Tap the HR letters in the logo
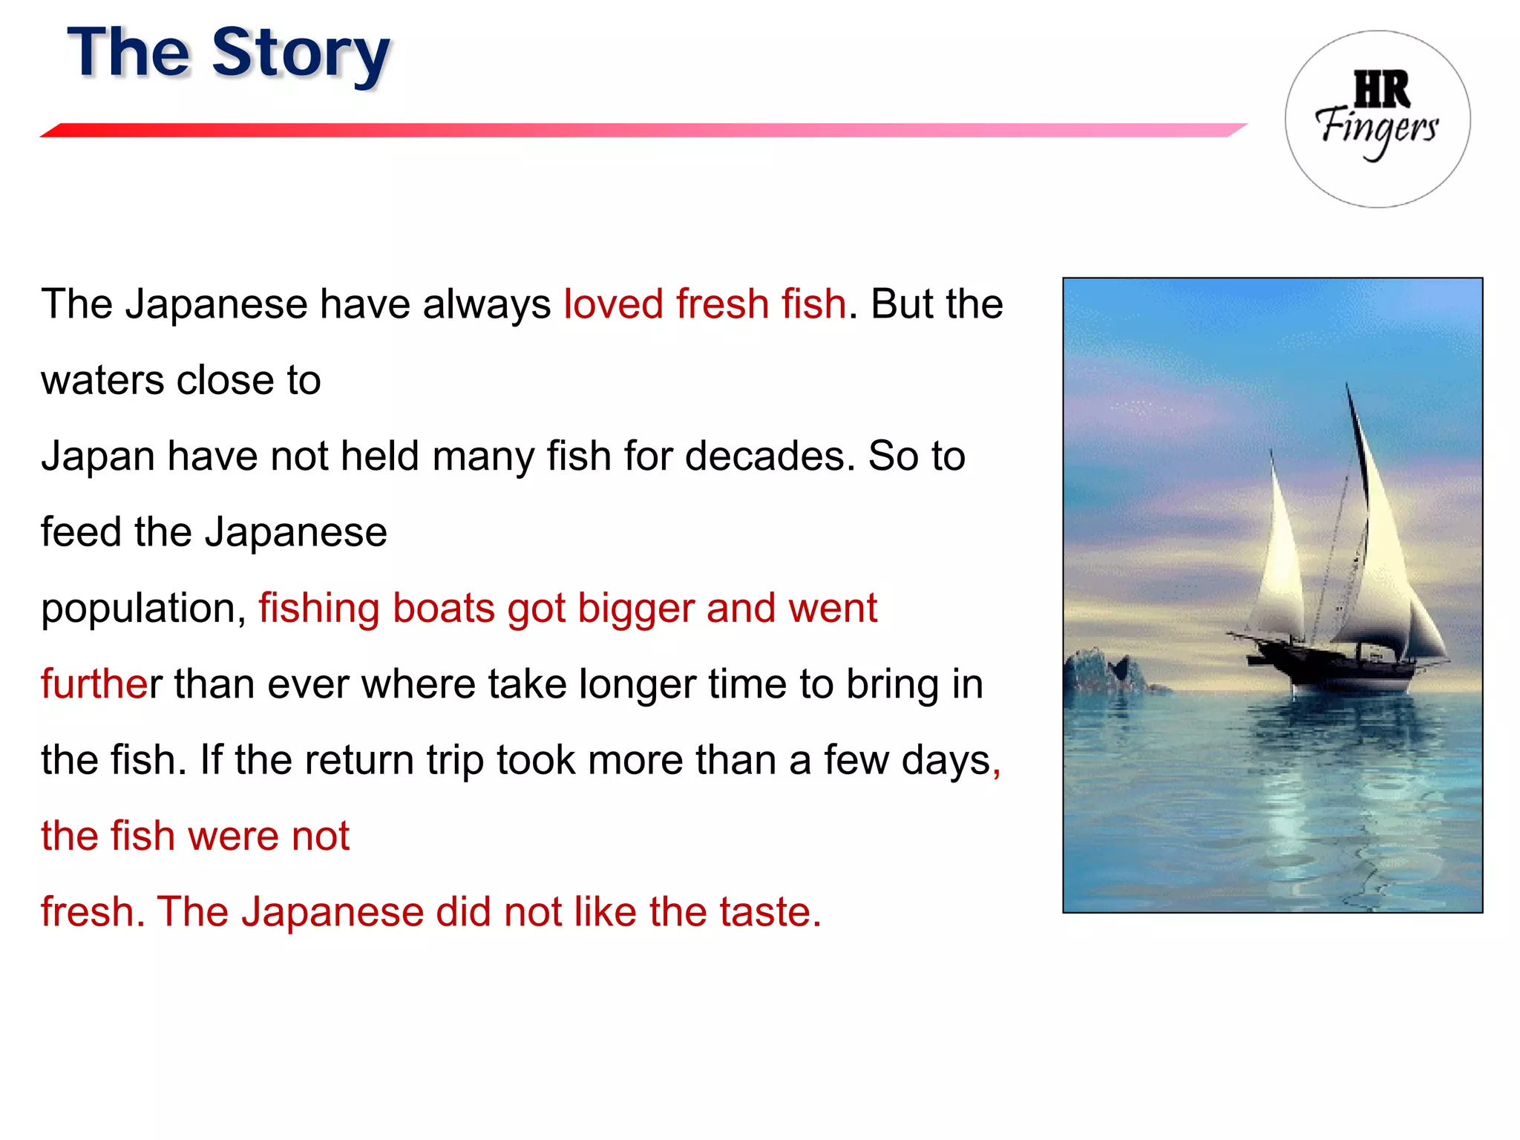(x=1381, y=90)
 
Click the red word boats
(x=443, y=609)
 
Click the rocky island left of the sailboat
(x=1106, y=672)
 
